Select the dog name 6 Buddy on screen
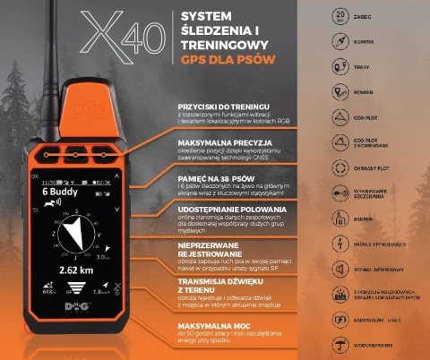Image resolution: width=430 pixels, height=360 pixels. point(59,192)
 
